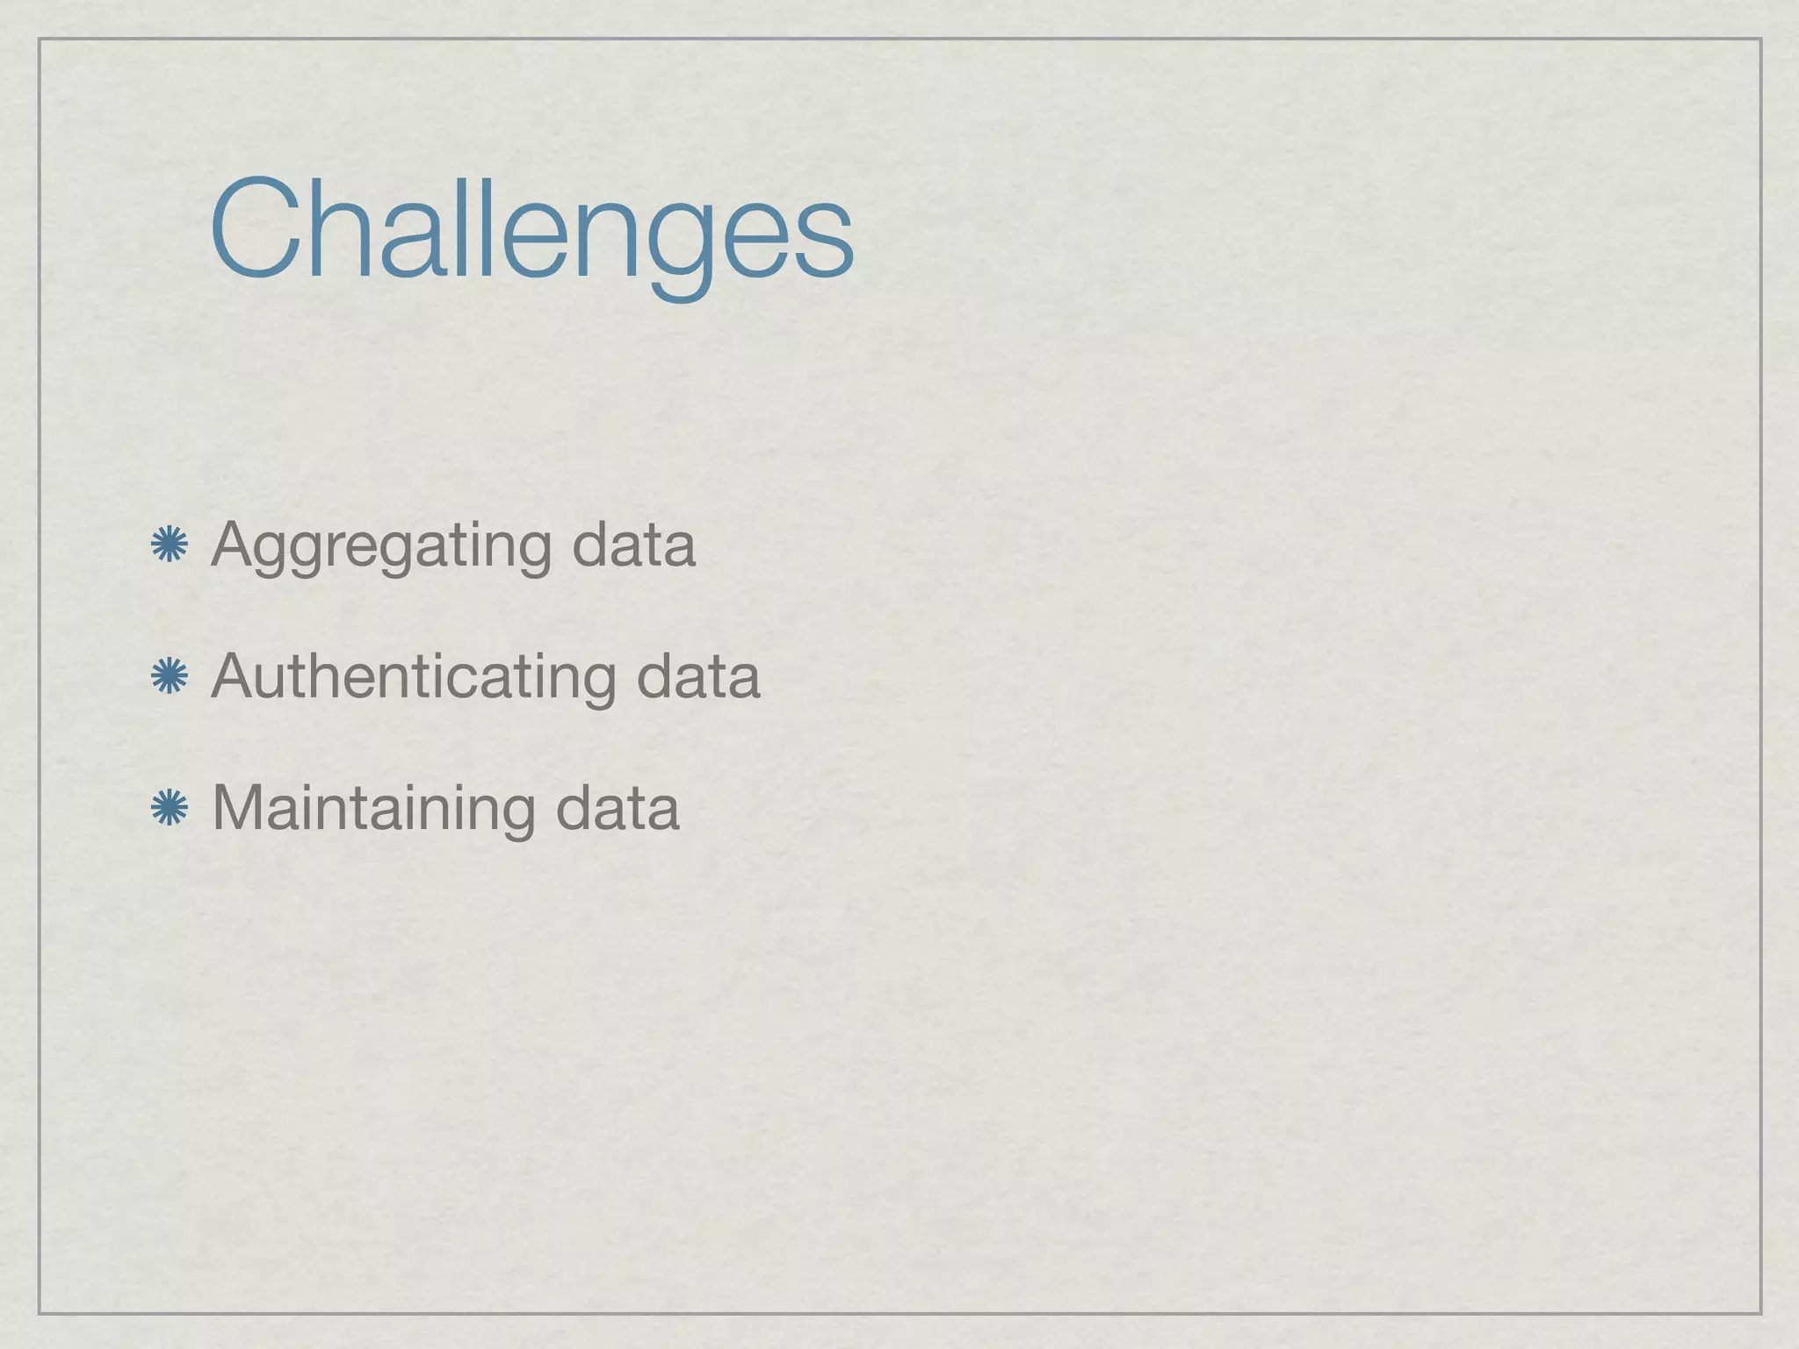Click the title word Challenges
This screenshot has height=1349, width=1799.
coord(531,230)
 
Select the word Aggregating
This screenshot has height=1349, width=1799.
coord(381,546)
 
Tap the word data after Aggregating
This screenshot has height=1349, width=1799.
coord(633,546)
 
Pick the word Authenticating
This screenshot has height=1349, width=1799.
coord(413,677)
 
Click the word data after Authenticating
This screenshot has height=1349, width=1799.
coord(697,677)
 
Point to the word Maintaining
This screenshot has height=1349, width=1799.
coord(372,808)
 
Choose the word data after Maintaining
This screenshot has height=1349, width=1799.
coord(618,808)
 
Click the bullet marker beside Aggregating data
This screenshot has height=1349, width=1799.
coord(170,545)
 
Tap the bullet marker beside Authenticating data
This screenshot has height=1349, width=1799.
coord(170,677)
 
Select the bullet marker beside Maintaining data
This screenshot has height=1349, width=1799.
coord(170,808)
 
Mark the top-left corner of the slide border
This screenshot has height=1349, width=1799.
coord(40,40)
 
